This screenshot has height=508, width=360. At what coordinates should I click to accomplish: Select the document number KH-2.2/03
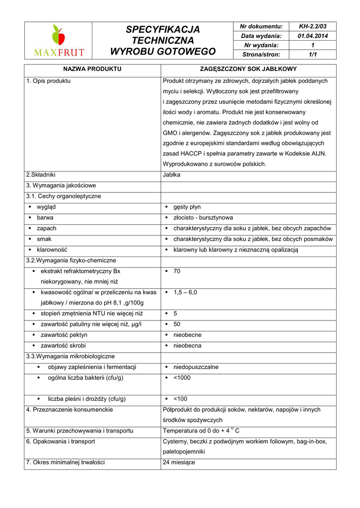click(312, 26)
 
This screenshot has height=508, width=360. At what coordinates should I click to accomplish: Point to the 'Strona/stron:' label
click(260, 55)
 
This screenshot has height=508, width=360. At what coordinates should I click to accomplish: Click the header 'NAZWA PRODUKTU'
click(92, 69)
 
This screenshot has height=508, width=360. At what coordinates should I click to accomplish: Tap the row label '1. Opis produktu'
click(49, 80)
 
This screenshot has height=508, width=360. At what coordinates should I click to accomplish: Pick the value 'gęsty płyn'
click(187, 207)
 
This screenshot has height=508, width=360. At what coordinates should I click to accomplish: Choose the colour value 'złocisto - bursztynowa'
click(203, 217)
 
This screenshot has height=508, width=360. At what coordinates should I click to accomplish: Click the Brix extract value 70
click(177, 271)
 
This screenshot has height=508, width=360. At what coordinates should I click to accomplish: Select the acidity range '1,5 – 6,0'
click(185, 292)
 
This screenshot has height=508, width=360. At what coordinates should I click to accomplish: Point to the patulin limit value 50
click(177, 324)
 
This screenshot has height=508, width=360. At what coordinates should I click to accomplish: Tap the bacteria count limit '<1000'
click(182, 378)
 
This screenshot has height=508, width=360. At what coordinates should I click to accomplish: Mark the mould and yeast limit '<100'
click(180, 398)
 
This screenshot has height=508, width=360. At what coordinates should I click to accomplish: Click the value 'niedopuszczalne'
click(196, 367)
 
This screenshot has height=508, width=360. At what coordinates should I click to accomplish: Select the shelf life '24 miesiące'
click(179, 462)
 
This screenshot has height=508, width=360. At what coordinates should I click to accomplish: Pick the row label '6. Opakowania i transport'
click(61, 441)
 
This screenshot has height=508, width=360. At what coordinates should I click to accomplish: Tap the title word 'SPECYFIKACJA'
click(163, 29)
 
